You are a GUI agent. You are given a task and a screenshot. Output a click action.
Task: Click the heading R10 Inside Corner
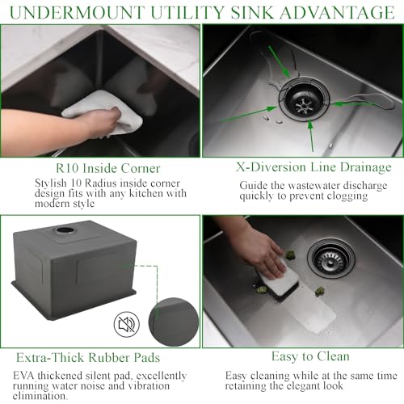(x=99, y=168)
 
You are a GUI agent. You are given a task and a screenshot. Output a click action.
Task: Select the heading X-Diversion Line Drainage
(x=302, y=167)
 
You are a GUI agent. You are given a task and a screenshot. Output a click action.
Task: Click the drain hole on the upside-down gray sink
(x=64, y=230)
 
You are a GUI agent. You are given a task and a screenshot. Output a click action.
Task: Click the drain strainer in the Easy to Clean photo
(x=331, y=257)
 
